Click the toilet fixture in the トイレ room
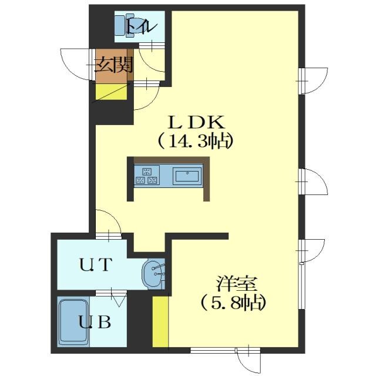125,26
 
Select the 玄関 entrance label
113,65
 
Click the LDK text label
196,123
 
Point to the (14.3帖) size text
195,141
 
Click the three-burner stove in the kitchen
147,175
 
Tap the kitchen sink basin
187,176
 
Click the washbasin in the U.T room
153,274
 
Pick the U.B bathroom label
95,322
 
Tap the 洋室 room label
237,284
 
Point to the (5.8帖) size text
234,303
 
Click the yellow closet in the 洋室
160,321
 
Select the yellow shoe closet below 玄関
112,92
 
